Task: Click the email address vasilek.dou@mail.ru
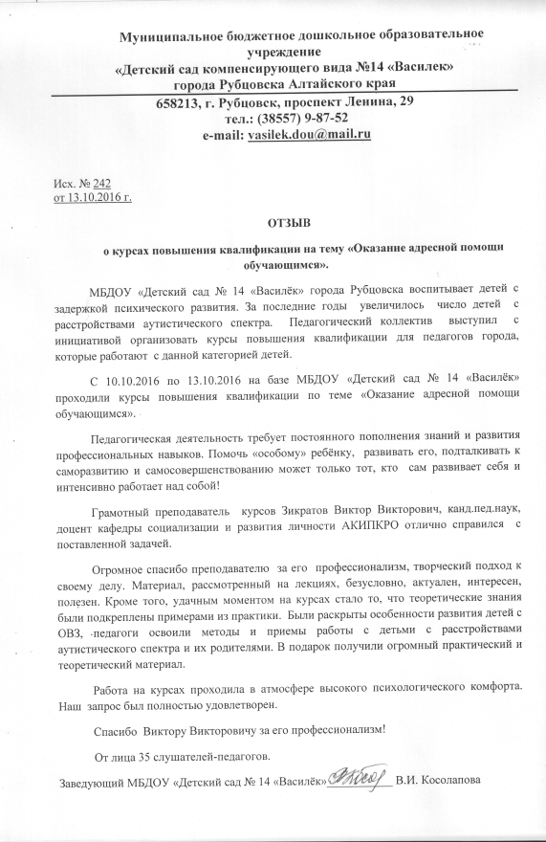pyautogui.click(x=309, y=136)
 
